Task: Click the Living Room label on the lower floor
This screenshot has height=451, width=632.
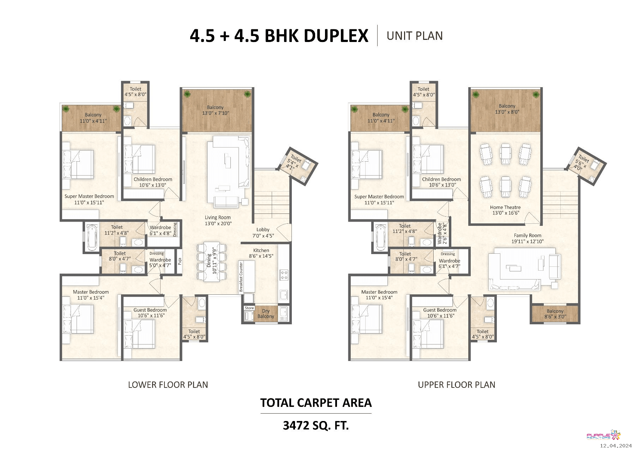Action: point(218,217)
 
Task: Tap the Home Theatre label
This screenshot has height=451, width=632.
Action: point(505,207)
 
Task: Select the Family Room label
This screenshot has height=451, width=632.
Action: point(528,235)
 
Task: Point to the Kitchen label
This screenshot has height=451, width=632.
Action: point(261,250)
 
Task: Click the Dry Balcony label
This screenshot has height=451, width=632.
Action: point(266,313)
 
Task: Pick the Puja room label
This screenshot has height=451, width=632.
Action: point(180,261)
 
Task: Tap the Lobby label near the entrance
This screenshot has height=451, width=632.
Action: point(263,229)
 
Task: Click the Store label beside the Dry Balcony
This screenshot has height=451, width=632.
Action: point(249,308)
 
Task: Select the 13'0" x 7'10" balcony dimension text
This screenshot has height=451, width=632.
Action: point(216,113)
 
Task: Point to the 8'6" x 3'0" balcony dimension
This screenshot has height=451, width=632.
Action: point(555,317)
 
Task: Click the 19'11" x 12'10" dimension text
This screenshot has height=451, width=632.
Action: point(528,241)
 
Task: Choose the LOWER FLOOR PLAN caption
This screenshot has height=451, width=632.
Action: point(168,385)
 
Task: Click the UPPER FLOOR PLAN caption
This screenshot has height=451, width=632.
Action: point(457,385)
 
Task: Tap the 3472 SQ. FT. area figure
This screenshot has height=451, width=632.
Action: point(316,426)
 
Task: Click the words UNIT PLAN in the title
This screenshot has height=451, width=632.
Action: point(415,36)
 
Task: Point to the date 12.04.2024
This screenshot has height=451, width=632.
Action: point(616,446)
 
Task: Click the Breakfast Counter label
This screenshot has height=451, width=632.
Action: point(241,277)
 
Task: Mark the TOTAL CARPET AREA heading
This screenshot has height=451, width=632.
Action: point(316,403)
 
